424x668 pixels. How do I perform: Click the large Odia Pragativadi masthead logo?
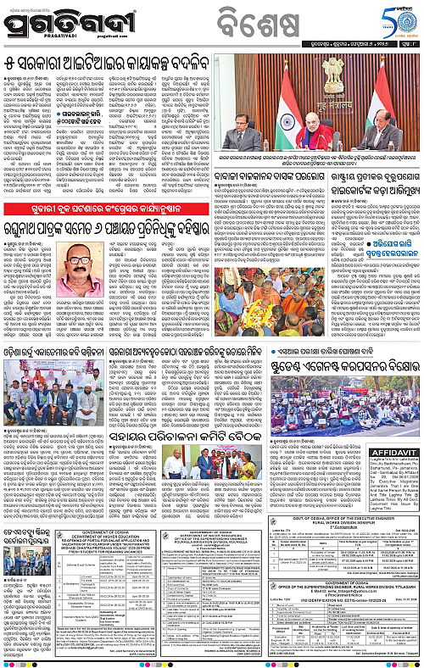pyautogui.click(x=64, y=25)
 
